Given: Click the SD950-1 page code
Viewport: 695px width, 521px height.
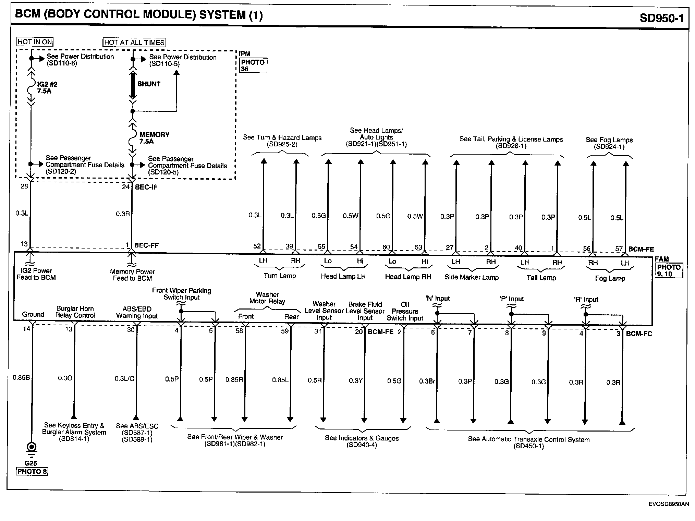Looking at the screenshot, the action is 661,17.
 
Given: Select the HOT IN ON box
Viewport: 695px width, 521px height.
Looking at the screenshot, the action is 35,42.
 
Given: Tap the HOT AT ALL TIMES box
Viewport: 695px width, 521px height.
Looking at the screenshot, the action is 134,42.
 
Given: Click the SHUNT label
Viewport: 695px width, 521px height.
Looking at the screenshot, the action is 149,84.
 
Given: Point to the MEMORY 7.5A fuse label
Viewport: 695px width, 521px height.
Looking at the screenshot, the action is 154,138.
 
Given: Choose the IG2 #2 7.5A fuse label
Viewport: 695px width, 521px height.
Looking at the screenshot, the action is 47,88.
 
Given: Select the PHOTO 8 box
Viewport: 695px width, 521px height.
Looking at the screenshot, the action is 32,471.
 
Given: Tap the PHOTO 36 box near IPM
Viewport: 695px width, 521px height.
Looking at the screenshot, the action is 253,65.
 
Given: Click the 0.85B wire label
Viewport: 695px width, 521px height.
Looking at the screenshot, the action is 21,378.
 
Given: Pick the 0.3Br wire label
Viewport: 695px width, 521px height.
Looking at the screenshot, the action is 427,381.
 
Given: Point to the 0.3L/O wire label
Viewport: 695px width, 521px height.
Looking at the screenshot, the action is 124,379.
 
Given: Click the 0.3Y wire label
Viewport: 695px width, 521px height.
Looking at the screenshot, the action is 356,381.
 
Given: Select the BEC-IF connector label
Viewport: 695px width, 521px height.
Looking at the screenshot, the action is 146,187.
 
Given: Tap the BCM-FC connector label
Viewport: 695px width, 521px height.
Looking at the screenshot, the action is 639,334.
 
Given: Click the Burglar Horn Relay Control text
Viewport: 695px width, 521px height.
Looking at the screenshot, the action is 75,312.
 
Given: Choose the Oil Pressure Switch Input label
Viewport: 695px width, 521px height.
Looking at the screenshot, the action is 405,311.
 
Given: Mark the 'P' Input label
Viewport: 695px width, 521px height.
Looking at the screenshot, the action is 512,299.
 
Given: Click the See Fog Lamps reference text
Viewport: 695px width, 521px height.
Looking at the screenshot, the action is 609,143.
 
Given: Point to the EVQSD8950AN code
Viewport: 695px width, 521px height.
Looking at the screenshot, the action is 668,504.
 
